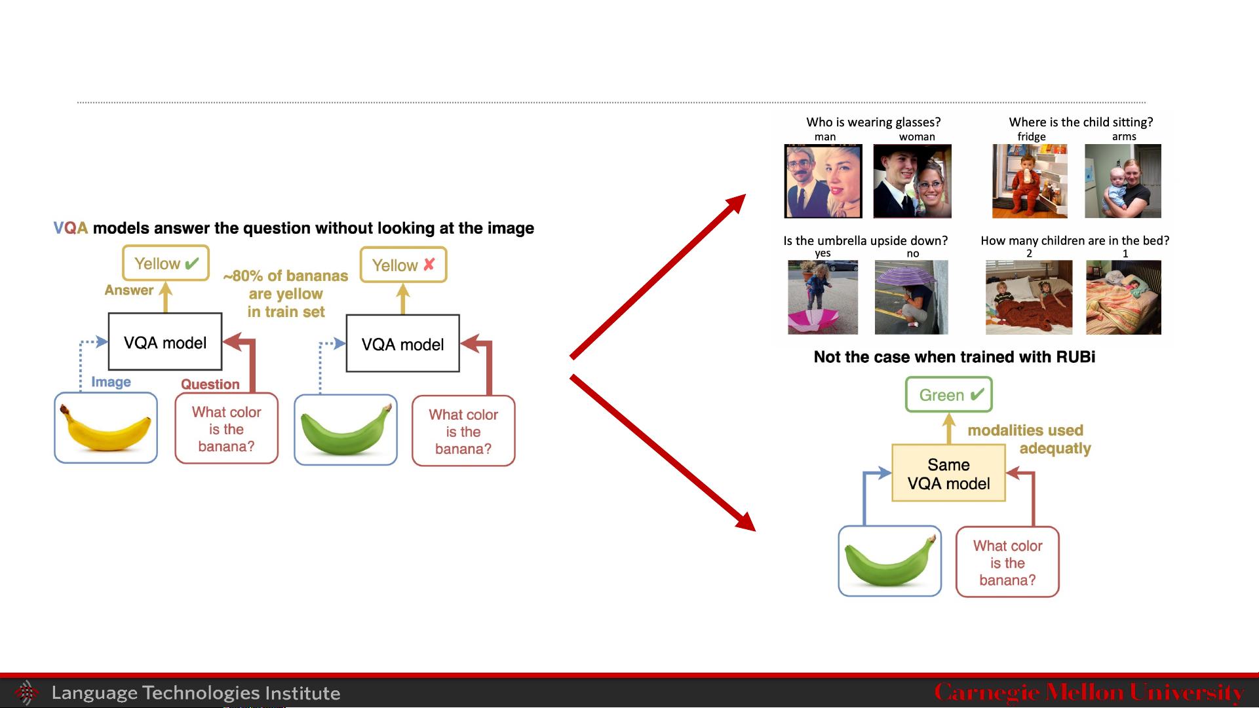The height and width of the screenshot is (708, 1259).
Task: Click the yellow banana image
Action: coord(106,428)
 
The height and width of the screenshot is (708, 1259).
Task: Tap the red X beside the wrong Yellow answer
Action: coord(429,265)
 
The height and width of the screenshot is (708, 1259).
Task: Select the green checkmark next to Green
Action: coord(977,394)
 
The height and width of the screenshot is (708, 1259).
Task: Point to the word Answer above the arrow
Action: coord(129,290)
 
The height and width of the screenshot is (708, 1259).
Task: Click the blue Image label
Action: coord(111,382)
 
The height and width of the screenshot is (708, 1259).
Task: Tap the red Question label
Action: coord(210,384)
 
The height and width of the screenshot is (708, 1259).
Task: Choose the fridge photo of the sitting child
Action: coord(1030,181)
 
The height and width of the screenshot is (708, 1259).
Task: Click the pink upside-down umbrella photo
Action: coord(823,297)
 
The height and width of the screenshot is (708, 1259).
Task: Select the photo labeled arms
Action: coord(1123,181)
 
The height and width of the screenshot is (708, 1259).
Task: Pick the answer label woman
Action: coord(917,137)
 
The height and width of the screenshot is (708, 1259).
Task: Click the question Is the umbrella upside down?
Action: coord(866,240)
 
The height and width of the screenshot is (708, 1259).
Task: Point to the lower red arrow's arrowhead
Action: coord(745,521)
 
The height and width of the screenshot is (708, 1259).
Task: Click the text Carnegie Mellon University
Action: coord(1089,692)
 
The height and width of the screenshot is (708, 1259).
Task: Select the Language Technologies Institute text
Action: coord(196,693)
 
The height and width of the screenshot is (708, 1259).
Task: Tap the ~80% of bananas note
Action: coord(286,294)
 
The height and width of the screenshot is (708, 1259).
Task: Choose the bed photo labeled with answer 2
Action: coord(1029,297)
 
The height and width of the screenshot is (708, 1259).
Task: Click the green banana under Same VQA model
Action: coord(889,561)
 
